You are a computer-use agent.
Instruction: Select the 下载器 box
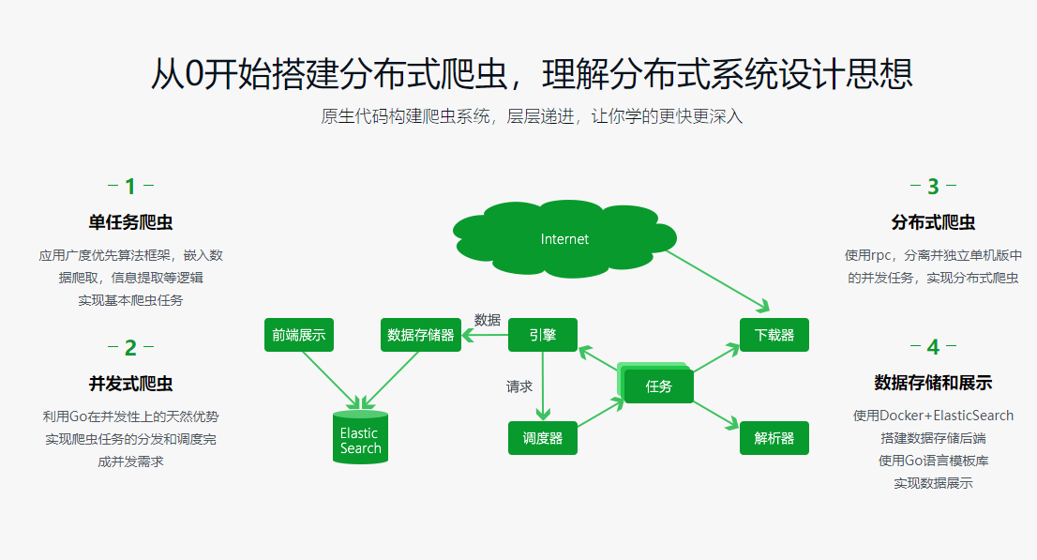[774, 335]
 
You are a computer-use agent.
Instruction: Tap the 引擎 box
[542, 335]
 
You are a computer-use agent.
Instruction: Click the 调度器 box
[542, 438]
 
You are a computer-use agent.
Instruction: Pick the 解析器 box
[774, 438]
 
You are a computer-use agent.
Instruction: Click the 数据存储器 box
[421, 335]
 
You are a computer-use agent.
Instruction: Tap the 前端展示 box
[299, 335]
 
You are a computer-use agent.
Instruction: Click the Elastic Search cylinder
[360, 438]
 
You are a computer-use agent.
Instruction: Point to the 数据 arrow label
[488, 319]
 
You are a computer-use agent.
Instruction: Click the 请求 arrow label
[519, 386]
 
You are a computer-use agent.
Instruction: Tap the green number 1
[130, 187]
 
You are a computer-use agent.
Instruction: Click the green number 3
[932, 187]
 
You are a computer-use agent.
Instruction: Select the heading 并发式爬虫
[130, 384]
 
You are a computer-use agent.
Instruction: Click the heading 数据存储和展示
[932, 383]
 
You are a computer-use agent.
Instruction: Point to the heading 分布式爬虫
[932, 222]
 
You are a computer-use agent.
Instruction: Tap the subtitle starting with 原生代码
[532, 117]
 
